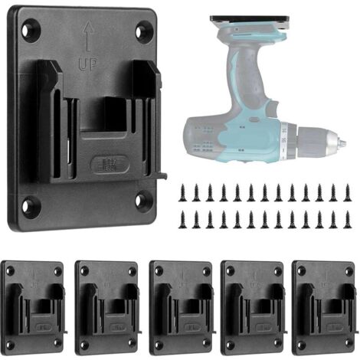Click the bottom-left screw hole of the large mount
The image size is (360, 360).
tap(31, 205)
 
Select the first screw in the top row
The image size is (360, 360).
tap(182, 191)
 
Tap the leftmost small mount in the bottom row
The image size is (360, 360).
tap(31, 307)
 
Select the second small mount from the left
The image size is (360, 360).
tap(106, 307)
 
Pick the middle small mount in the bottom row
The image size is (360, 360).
tap(181, 307)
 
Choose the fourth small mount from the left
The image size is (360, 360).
tap(252, 307)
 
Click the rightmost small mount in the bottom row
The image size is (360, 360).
tap(324, 307)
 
